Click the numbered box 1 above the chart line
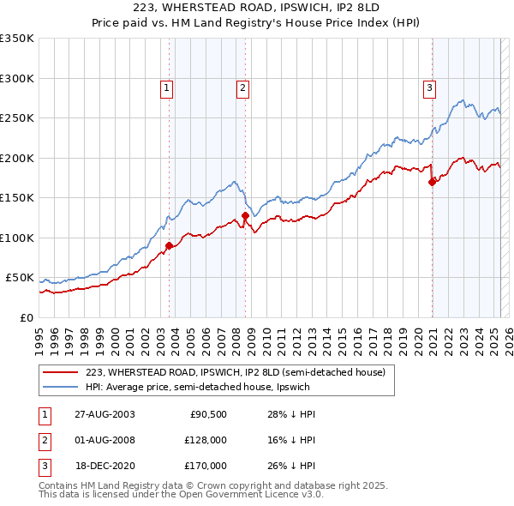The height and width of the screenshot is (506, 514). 165,87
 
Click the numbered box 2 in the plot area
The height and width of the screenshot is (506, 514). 243,87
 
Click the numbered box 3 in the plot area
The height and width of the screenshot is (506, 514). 429,87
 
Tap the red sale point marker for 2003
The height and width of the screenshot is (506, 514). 170,245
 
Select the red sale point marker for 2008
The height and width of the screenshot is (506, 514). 246,215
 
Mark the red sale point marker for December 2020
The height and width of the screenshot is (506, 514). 433,182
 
